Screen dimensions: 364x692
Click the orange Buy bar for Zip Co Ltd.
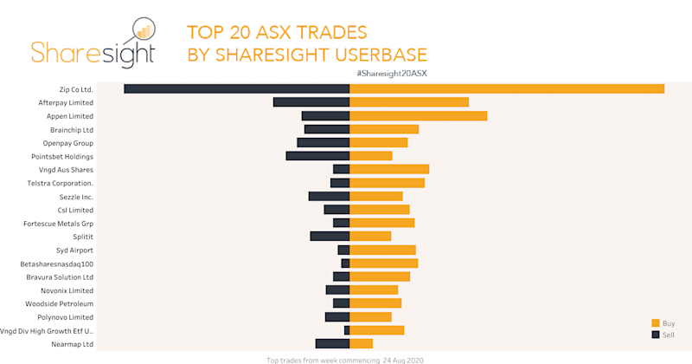click(507, 88)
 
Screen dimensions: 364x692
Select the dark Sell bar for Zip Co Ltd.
click(236, 88)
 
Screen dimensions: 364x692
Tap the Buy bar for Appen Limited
click(418, 115)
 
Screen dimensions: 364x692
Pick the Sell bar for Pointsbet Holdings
click(317, 156)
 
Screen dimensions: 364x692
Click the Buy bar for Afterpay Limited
click(408, 102)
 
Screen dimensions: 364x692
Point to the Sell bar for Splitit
click(330, 237)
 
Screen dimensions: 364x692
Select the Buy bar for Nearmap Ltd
click(361, 344)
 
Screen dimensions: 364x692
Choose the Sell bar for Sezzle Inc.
click(329, 196)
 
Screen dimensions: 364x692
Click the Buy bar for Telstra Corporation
click(387, 183)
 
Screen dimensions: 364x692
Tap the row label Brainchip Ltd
click(72, 129)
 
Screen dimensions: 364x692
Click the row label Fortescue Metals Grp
click(59, 224)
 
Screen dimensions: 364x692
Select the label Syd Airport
click(74, 250)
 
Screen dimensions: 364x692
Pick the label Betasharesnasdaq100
click(57, 263)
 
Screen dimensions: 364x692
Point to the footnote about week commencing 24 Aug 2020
click(344, 359)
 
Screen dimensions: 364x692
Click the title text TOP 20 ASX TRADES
click(277, 34)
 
